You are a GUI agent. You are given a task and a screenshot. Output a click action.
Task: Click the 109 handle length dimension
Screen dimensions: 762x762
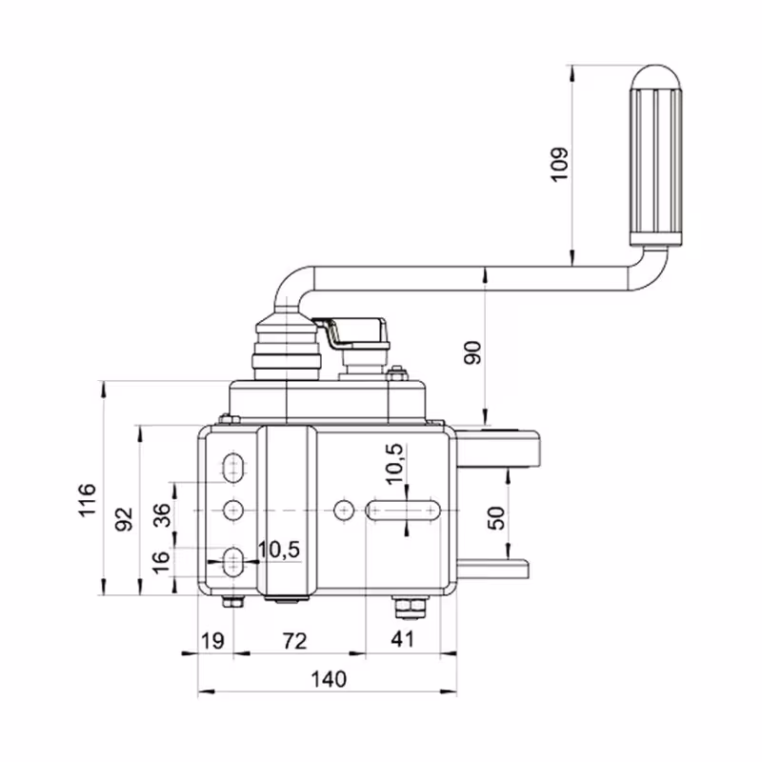coord(559,163)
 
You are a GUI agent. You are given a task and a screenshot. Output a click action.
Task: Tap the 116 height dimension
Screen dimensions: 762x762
coord(87,501)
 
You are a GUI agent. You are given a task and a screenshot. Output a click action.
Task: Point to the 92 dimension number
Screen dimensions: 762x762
coord(123,519)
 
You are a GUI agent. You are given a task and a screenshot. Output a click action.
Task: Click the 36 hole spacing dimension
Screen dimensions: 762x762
coord(162,515)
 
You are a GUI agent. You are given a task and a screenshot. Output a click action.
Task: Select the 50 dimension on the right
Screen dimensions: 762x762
coord(495,518)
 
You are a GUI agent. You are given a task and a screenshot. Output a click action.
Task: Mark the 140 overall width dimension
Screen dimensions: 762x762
coord(329,679)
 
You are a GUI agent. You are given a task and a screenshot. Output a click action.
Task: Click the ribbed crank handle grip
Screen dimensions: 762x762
coord(654,157)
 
